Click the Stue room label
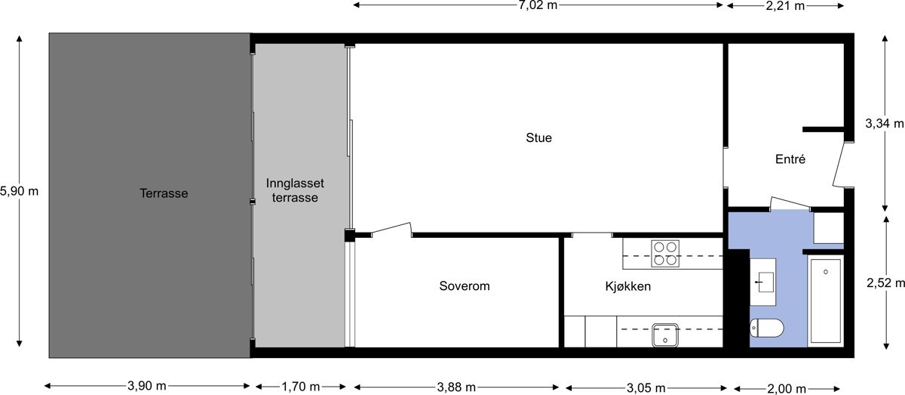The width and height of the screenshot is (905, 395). point(538,138)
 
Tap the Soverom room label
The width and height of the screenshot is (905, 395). point(465,286)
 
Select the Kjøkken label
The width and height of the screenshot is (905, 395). point(627,287)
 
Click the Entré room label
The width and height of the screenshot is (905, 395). point(790,159)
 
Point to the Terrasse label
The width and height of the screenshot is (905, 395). point(164,193)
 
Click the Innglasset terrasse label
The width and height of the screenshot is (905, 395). point(292,190)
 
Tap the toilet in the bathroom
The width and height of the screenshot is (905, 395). point(767,328)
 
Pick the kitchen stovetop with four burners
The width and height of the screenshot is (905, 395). point(665,254)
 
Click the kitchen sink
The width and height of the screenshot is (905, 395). point(666,334)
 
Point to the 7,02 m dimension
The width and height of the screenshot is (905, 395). point(538,6)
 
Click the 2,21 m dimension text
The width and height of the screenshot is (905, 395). point(785,6)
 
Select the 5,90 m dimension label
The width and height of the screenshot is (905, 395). point(19,191)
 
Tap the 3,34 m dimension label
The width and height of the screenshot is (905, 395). point(884,123)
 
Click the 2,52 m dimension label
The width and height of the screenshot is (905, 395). point(885,283)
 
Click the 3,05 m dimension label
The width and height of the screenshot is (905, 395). point(646,387)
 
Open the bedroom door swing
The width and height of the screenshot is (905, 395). point(392,230)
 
